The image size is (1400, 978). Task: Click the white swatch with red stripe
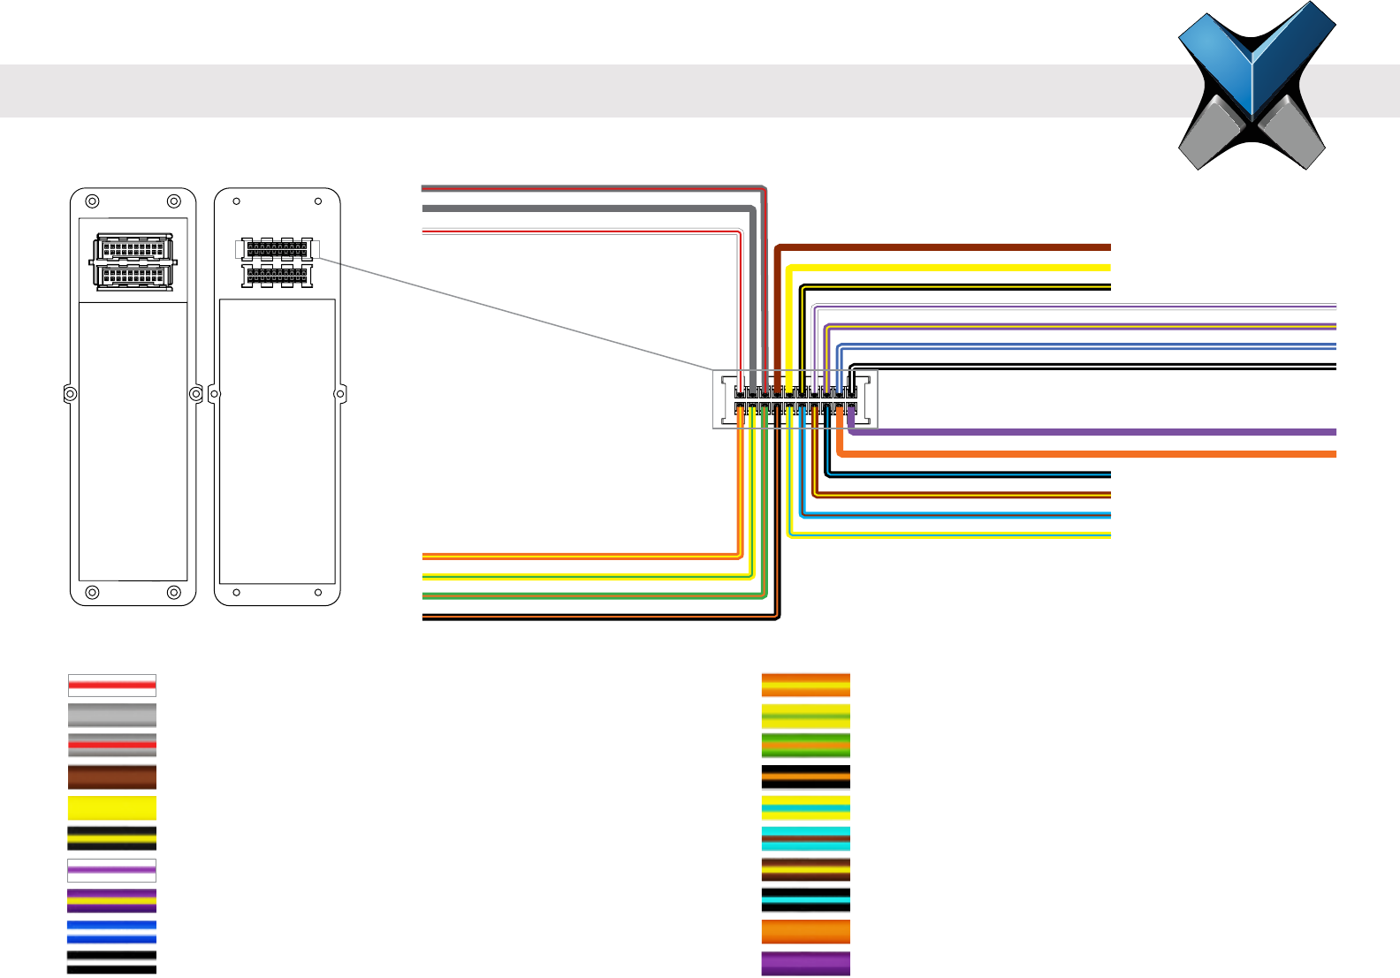coord(112,686)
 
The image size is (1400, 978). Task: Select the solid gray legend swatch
coord(112,716)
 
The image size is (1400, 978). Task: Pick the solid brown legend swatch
coord(112,777)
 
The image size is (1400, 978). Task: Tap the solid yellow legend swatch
coord(112,807)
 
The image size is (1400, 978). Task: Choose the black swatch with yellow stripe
coord(112,838)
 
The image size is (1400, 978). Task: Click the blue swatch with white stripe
coord(112,932)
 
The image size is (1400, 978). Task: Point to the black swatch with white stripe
coord(112,962)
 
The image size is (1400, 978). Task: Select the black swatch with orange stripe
coord(806,777)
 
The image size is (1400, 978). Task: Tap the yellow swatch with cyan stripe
coord(806,807)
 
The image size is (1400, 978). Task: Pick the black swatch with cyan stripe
coord(806,900)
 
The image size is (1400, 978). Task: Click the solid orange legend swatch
coord(806,932)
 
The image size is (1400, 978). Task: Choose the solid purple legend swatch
coord(806,963)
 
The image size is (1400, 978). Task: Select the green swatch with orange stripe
coord(806,746)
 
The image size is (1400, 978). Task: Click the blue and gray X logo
coord(1256,87)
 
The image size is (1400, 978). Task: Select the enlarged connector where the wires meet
coord(795,400)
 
